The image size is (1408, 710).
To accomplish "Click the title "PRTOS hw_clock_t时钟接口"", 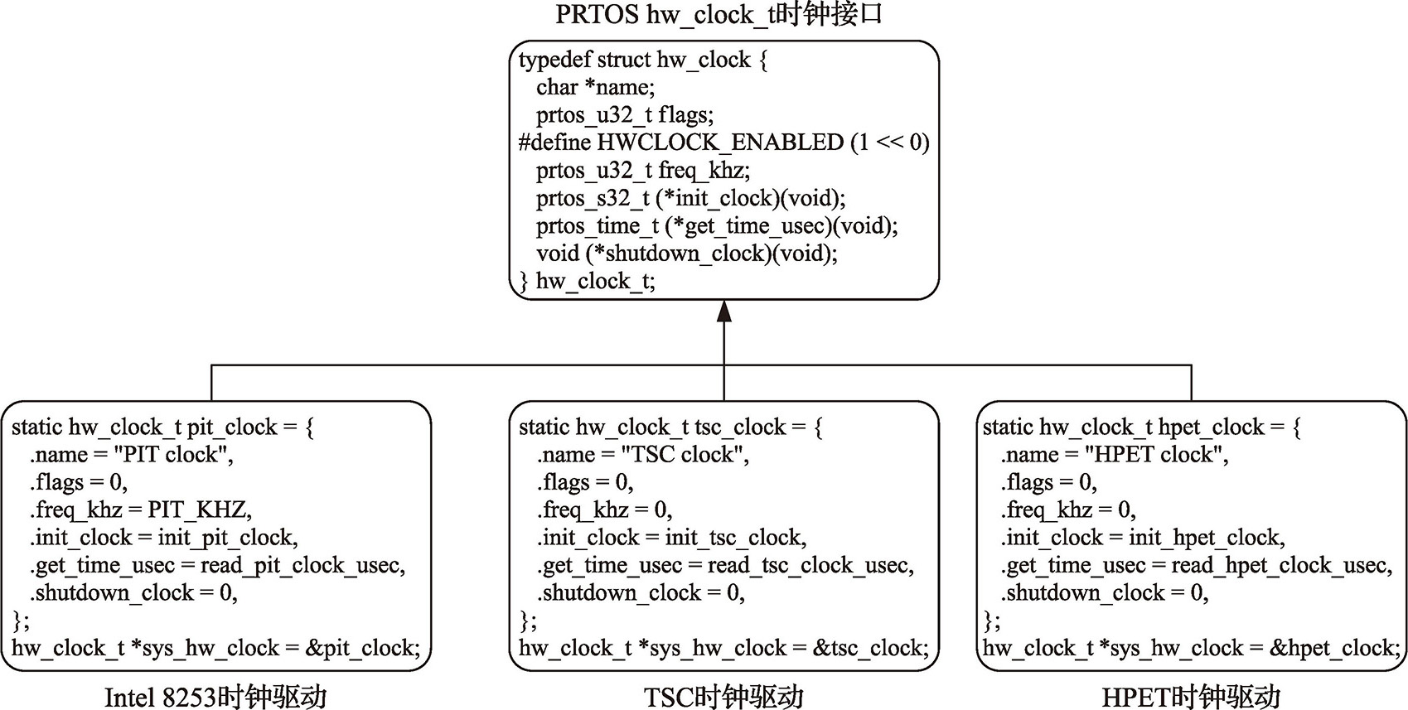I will tap(719, 15).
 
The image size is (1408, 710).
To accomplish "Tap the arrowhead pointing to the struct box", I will tap(724, 312).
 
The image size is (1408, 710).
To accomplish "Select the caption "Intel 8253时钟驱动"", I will tap(215, 697).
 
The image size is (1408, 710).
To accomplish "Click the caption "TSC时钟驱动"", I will tap(723, 697).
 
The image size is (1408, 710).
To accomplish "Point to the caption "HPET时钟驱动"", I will tap(1191, 697).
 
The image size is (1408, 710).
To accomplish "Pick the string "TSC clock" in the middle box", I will tap(684, 455).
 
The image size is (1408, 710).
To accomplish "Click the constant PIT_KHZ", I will tap(199, 510).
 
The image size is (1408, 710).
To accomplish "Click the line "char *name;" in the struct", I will tap(595, 87).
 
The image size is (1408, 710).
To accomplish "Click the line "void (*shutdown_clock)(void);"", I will tap(686, 254).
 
